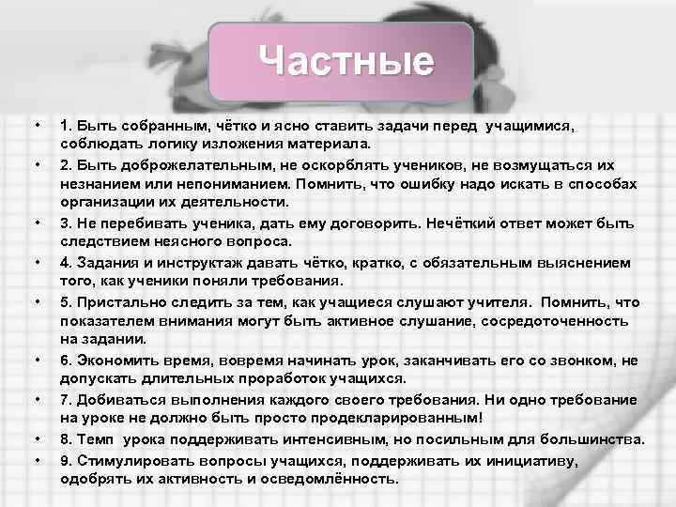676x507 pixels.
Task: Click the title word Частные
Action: [x=346, y=62]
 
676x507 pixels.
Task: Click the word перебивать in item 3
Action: [x=134, y=221]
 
